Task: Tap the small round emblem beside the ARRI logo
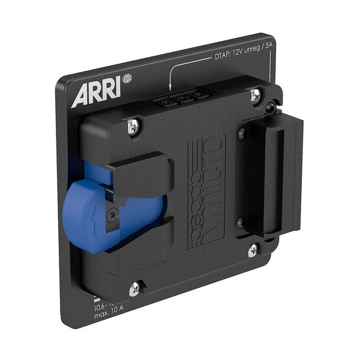tap(127, 78)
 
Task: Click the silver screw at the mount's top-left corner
tap(133, 125)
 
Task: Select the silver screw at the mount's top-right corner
tap(256, 94)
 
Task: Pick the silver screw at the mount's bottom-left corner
tap(135, 289)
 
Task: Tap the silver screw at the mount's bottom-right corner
tap(253, 248)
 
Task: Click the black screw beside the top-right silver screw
tap(271, 107)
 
